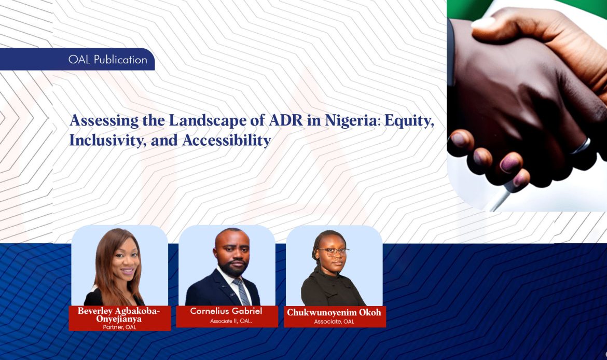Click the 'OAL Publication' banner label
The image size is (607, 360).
(x=108, y=60)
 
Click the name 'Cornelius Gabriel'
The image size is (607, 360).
(x=226, y=311)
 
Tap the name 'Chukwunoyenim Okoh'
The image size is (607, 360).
(x=334, y=312)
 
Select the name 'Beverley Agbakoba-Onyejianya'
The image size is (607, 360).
(x=119, y=315)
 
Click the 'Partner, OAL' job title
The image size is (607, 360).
(x=119, y=327)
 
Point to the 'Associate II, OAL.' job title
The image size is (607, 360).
(x=226, y=321)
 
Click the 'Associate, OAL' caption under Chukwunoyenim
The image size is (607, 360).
(x=334, y=322)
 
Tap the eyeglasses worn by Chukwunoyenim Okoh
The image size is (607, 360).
(x=333, y=252)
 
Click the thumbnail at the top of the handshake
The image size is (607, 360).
(x=483, y=22)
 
